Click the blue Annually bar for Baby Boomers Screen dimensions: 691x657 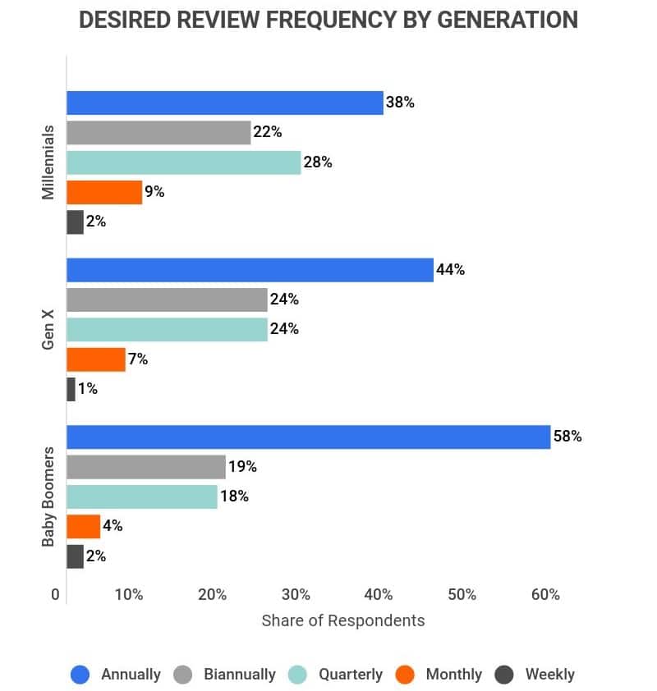(308, 437)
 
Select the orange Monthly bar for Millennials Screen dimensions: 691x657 (104, 192)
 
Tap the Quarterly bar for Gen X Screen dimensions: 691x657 (167, 329)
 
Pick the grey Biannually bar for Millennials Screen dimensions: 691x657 (159, 132)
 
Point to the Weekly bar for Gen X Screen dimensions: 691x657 (71, 389)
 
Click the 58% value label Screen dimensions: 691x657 (567, 437)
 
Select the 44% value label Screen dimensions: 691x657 (450, 270)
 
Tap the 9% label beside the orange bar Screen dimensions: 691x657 (154, 192)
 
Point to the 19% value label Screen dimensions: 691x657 (242, 467)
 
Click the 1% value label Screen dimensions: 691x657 (88, 389)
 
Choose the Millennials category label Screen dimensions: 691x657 (48, 162)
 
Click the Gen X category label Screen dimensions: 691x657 (48, 329)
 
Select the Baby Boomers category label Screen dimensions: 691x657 (48, 497)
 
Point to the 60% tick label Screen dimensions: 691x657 (545, 595)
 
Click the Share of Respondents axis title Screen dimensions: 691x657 (343, 620)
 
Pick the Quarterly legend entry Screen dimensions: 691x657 (351, 675)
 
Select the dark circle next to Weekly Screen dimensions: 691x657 (504, 675)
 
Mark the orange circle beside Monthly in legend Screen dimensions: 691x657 (404, 675)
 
